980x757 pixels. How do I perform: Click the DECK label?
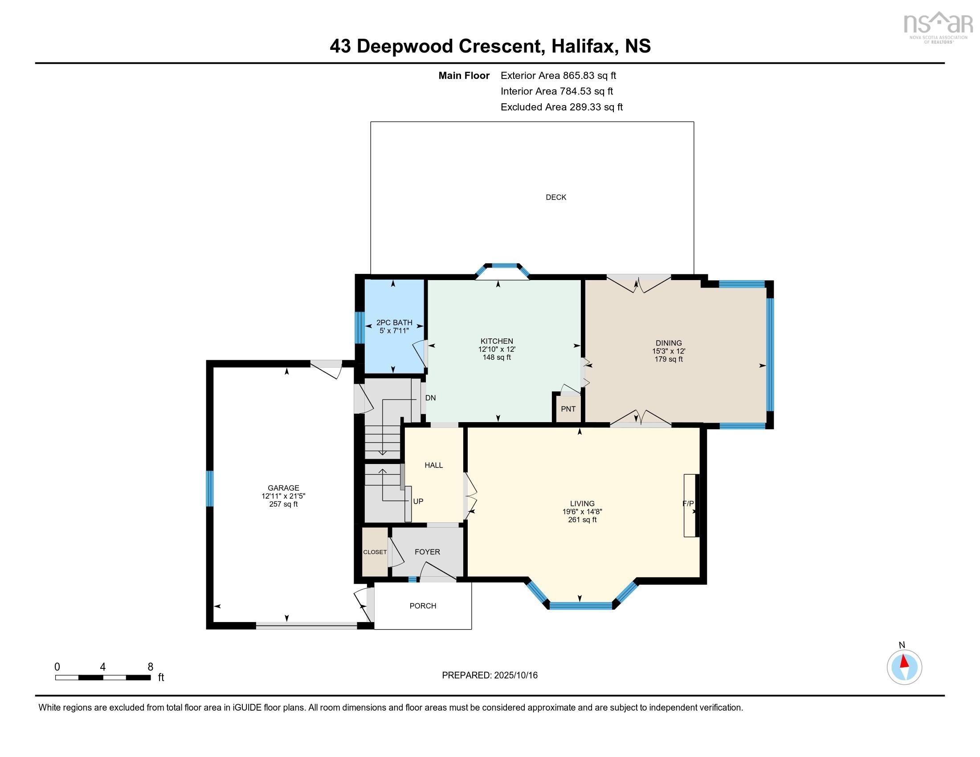555,197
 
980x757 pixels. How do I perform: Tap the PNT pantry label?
568,409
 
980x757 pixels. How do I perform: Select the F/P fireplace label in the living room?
688,504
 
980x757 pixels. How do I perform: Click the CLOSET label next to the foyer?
375,552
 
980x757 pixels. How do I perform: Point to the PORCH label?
423,606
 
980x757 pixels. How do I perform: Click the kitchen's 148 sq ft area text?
497,358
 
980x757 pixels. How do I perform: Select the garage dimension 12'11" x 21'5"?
283,496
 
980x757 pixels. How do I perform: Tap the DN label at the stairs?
430,398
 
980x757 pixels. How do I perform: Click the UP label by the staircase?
418,501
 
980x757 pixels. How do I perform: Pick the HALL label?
433,465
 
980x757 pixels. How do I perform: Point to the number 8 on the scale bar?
150,667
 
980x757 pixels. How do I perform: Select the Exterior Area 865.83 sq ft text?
558,75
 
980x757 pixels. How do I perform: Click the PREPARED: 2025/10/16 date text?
490,676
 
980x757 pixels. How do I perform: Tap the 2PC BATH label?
394,322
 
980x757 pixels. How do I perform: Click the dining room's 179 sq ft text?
668,359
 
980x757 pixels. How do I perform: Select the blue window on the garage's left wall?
209,488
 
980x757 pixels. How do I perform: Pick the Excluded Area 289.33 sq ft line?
561,107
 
